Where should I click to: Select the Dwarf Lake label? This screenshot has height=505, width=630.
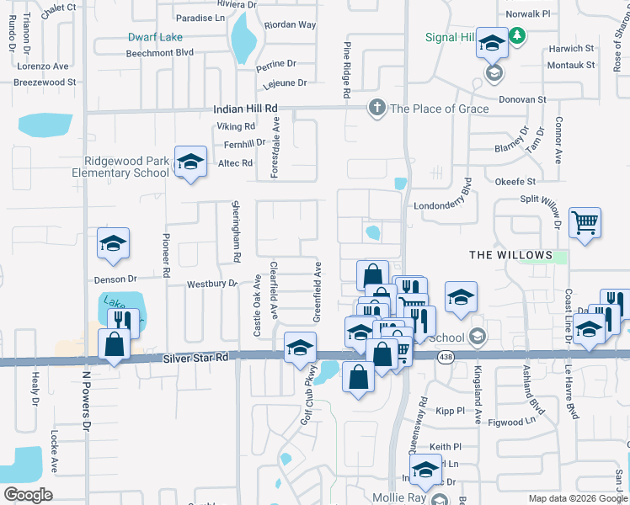155,37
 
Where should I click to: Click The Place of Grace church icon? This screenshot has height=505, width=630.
376,108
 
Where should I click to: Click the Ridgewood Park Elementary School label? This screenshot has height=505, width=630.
126,167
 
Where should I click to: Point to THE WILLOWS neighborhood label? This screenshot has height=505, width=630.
510,255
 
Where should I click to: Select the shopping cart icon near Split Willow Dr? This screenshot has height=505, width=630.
585,223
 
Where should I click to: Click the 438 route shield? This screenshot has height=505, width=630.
446,358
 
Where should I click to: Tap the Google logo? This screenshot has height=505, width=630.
27,494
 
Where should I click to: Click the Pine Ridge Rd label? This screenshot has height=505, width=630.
346,71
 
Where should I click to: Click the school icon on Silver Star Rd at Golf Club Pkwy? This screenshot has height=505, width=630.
300,348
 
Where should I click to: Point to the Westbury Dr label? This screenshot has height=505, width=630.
212,284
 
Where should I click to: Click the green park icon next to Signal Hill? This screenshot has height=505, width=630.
519,36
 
